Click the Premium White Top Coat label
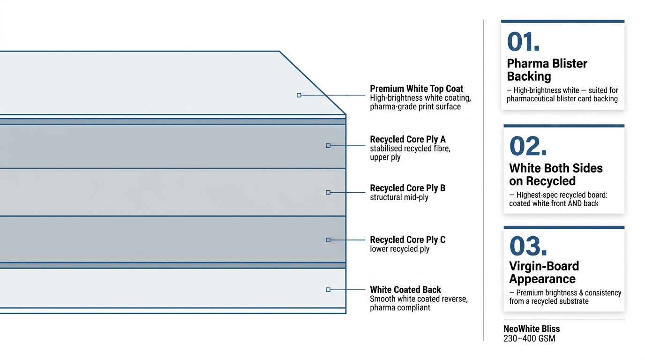416,89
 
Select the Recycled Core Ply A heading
407,139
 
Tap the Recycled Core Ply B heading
407,188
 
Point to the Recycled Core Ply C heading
407,240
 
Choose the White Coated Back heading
405,290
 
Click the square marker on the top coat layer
299,95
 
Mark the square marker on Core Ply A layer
328,146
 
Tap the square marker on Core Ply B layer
328,193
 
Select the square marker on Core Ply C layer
328,240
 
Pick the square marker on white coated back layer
328,290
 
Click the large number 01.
523,42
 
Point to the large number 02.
528,146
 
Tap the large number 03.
528,246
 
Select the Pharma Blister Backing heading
547,70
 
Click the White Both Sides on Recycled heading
555,174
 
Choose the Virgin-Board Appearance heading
544,272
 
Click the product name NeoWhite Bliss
532,329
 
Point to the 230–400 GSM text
529,338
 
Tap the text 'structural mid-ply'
399,197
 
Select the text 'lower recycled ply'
399,249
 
